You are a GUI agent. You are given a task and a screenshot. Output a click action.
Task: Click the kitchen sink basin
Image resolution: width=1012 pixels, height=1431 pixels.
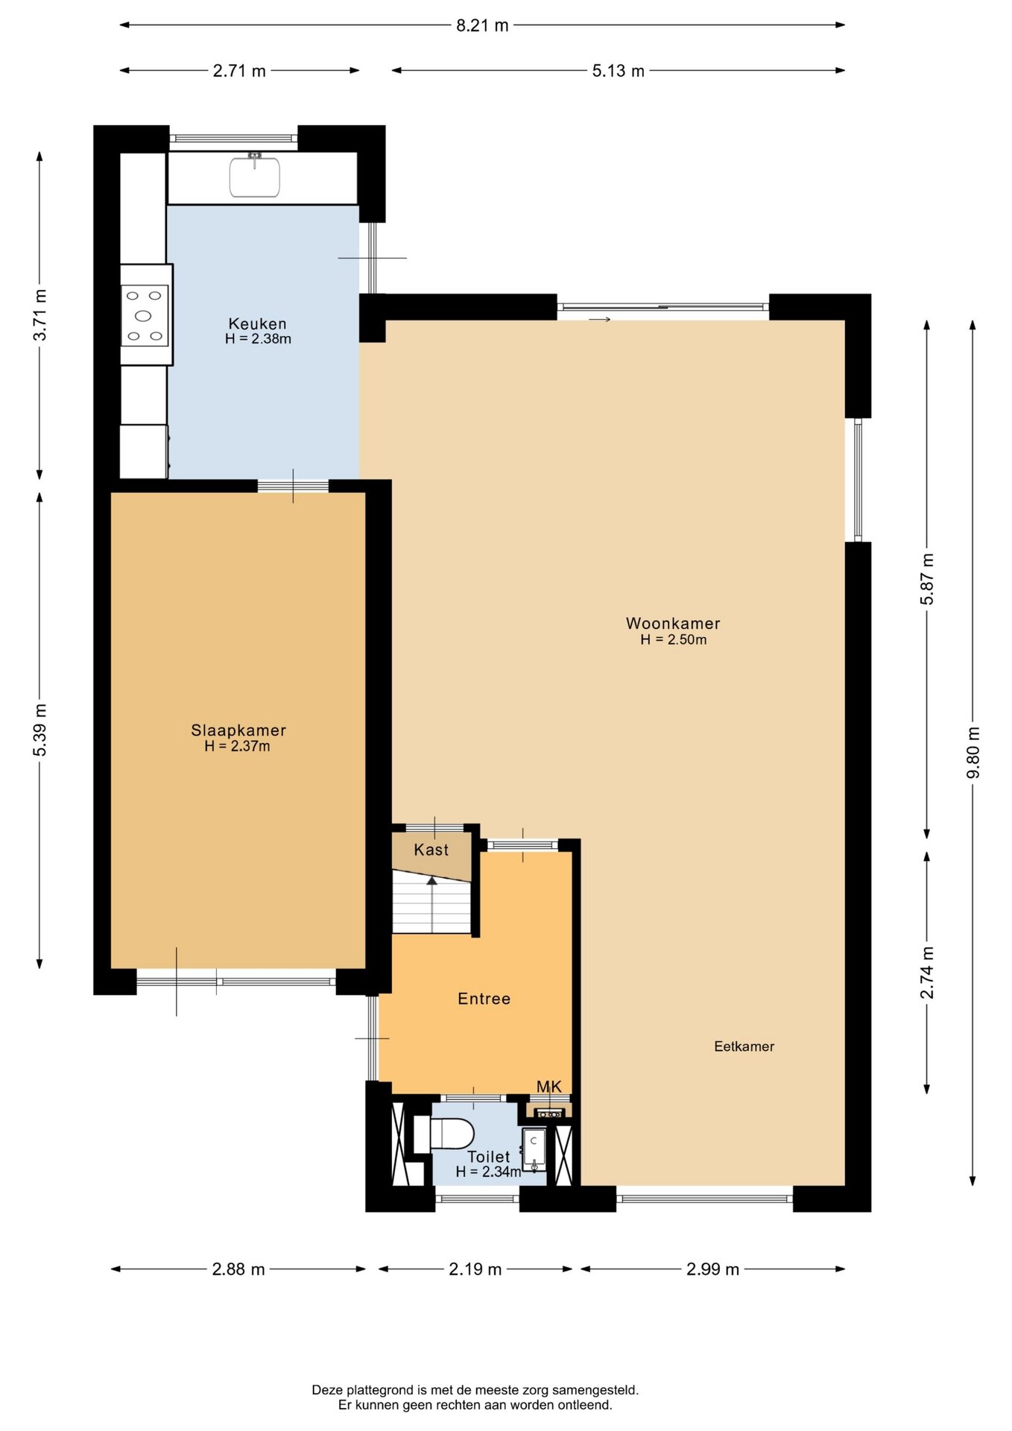255,177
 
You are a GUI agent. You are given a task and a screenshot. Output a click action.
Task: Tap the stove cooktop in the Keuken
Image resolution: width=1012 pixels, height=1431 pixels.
145,315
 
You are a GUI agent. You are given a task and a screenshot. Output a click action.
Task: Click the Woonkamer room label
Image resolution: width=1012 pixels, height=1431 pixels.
673,623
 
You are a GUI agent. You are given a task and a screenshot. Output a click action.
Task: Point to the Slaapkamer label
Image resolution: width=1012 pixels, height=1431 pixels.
238,730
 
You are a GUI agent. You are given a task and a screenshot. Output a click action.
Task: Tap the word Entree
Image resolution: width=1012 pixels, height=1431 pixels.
484,999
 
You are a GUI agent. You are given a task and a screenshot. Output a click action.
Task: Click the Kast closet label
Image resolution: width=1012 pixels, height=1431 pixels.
431,850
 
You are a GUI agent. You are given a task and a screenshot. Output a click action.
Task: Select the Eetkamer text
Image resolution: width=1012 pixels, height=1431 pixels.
744,1046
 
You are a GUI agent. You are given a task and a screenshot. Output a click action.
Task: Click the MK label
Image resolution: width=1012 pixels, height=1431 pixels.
549,1087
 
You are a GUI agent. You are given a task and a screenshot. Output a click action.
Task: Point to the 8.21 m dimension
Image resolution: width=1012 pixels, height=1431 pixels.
482,25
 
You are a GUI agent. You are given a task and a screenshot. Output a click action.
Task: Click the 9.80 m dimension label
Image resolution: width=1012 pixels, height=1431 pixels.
973,752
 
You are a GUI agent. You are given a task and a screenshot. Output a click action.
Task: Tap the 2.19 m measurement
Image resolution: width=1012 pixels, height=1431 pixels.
475,1269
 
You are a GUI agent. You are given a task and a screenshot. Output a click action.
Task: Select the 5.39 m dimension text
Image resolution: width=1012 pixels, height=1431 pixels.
40,730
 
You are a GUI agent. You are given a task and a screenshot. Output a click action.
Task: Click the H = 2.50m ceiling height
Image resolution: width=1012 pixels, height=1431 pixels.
674,639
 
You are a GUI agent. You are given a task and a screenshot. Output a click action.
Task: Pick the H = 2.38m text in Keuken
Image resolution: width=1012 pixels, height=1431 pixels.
258,338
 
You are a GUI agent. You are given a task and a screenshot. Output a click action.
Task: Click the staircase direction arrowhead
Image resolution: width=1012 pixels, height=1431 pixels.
432,880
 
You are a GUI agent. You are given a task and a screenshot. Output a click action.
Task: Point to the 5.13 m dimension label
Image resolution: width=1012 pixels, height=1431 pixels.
619,71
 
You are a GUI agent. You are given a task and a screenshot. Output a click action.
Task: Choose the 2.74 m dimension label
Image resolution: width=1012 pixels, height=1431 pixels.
927,973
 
